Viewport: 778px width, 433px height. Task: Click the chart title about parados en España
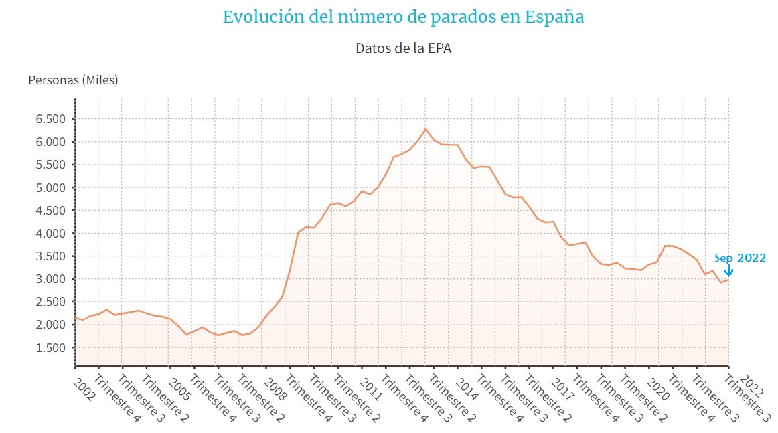(x=403, y=17)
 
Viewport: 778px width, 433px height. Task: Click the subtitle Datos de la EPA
(x=403, y=48)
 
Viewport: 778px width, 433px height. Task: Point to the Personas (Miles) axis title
(x=73, y=80)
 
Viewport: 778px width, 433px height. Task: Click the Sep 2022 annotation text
(x=740, y=258)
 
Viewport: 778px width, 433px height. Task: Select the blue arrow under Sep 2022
(x=728, y=270)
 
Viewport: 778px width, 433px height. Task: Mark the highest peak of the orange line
(x=425, y=128)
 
